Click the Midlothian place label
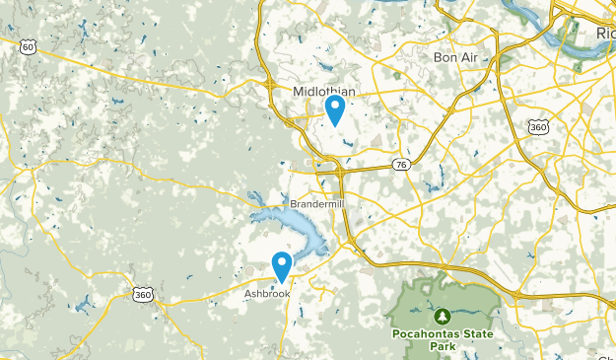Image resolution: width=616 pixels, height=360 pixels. [323, 91]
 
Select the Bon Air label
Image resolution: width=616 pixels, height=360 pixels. [455, 57]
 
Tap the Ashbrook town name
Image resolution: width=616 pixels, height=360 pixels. [267, 293]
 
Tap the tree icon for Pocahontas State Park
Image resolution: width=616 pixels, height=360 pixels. [443, 316]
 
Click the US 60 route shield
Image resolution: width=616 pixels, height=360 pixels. [28, 46]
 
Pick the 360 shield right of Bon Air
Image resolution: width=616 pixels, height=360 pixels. [538, 126]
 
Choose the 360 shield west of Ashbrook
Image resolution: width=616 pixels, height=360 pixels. [143, 294]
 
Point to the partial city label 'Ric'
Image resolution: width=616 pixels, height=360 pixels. [605, 35]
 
